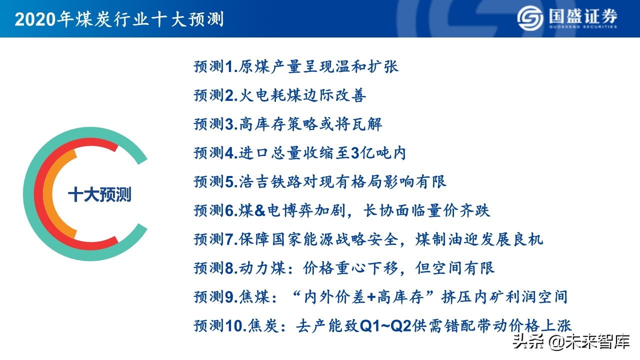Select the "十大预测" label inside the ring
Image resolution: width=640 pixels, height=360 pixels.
pyautogui.click(x=99, y=194)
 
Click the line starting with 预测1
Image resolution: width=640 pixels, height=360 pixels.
pyautogui.click(x=296, y=66)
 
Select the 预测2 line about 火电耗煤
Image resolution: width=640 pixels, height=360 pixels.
pyautogui.click(x=280, y=95)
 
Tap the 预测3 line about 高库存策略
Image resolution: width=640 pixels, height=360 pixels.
pyautogui.click(x=288, y=124)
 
